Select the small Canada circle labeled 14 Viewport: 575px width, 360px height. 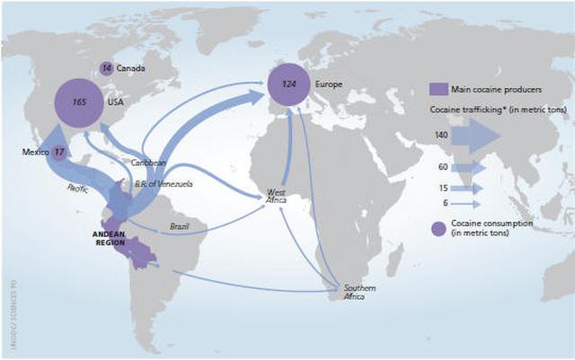coord(107,68)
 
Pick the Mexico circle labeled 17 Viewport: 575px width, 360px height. coord(58,152)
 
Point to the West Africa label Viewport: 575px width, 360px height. coord(277,197)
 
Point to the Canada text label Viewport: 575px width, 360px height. coord(130,68)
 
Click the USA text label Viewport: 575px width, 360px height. coord(115,101)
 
